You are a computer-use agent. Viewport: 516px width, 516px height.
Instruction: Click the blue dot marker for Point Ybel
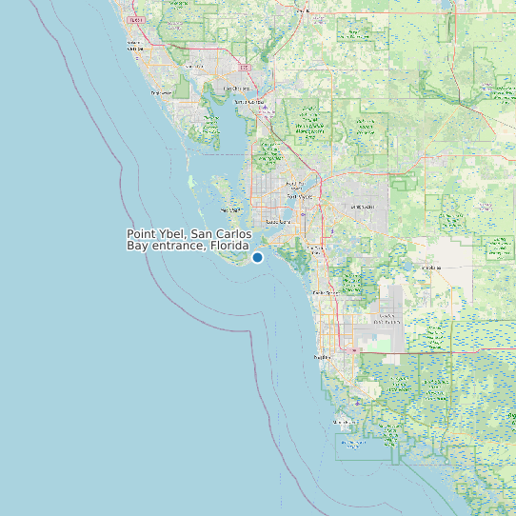257,257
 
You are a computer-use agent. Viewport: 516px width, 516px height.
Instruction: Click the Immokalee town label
433,268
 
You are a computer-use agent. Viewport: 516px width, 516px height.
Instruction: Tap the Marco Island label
342,421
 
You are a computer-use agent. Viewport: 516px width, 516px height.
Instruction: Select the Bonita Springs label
325,291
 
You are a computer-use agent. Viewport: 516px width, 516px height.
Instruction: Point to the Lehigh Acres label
363,206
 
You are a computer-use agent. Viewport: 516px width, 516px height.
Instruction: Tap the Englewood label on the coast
162,93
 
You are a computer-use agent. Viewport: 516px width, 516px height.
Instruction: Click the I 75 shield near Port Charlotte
245,69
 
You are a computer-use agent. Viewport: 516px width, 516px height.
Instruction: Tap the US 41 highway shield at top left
136,19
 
